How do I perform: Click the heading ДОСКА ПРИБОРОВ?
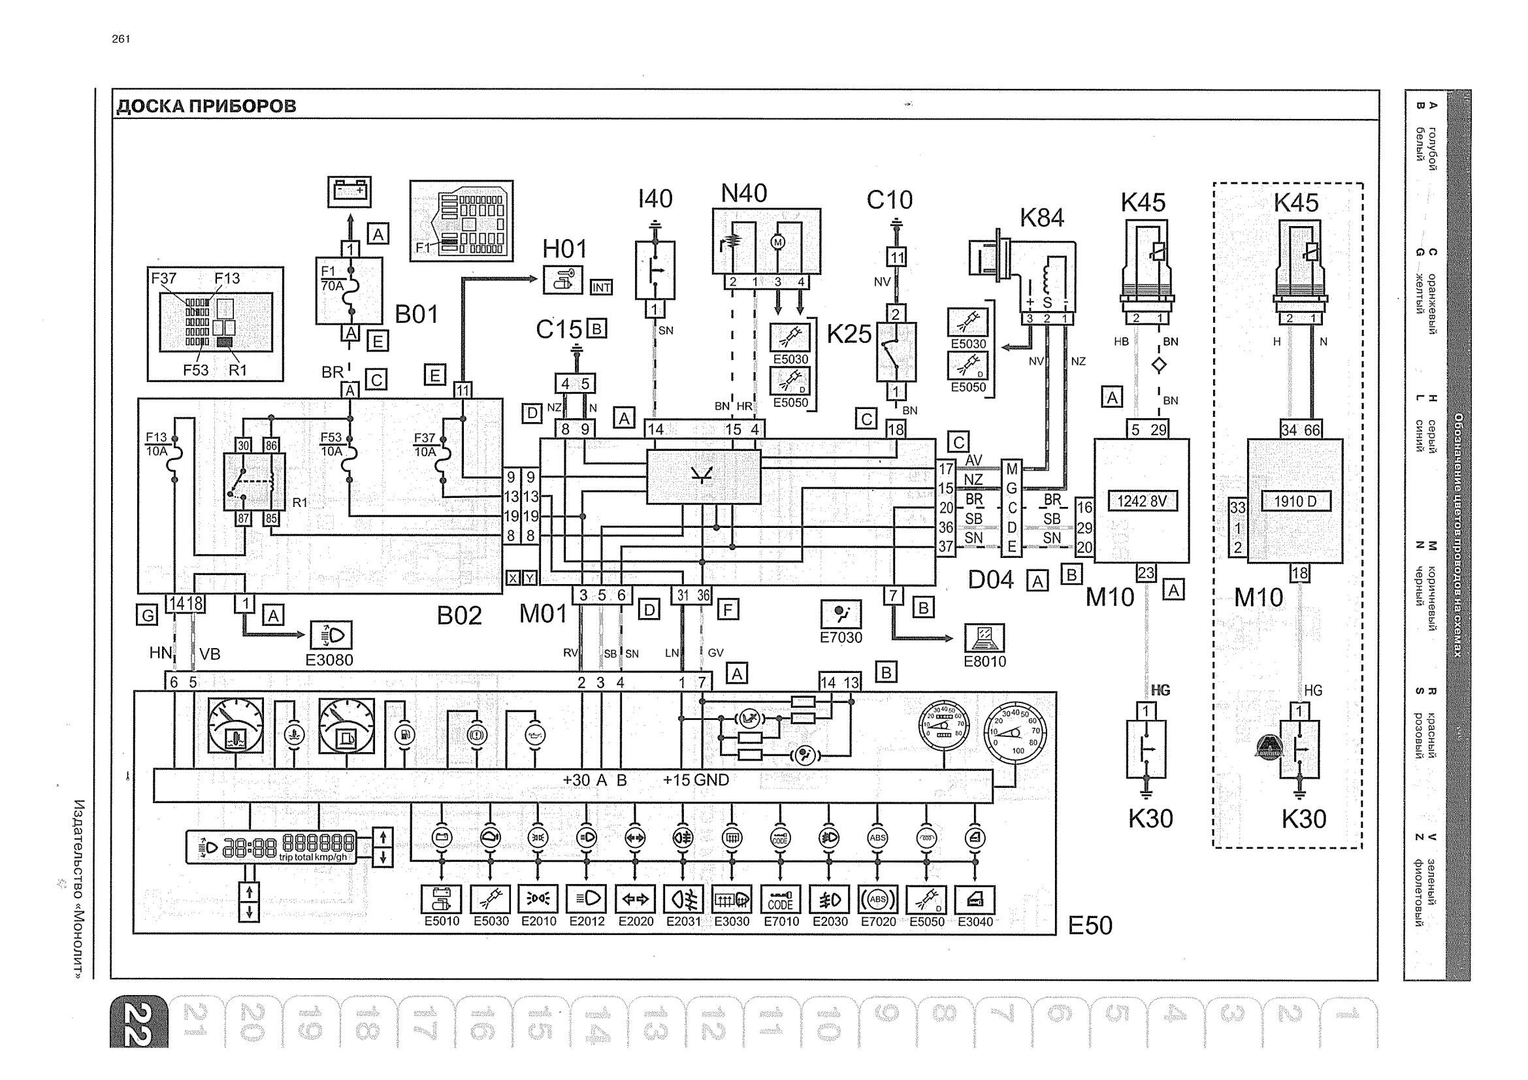tap(206, 106)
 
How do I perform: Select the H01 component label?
tap(564, 250)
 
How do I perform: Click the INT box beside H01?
tap(601, 287)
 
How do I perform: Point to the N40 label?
tap(744, 193)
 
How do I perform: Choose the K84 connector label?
tap(1042, 218)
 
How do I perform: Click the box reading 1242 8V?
tap(1142, 501)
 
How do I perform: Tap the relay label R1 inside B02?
tap(300, 502)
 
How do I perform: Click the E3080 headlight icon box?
tap(331, 636)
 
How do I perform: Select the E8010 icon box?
tap(985, 638)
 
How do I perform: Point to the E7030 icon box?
tap(841, 614)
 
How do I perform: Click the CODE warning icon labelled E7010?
tap(781, 899)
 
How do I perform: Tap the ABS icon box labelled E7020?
tap(879, 899)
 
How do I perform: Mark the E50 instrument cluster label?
tap(1090, 926)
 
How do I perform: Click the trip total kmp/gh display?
tap(271, 848)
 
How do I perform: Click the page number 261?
tap(121, 39)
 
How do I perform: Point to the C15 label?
tap(559, 329)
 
